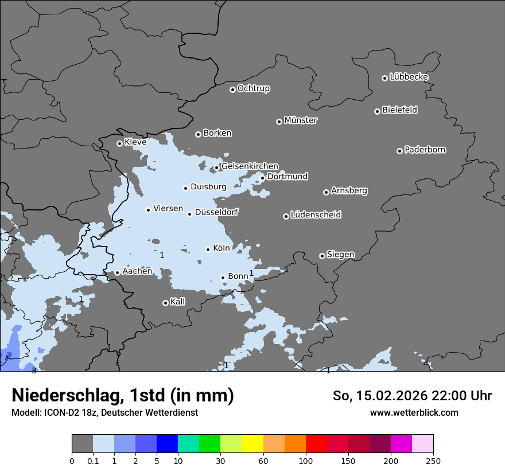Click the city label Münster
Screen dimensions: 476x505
point(301,120)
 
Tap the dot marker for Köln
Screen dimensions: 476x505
point(208,249)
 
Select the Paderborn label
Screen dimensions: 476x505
point(425,150)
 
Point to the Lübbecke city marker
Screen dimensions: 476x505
point(384,78)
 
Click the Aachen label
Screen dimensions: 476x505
point(137,271)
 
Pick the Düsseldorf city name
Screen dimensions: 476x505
point(216,212)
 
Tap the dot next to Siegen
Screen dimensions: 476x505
point(322,256)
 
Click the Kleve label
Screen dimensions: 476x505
point(135,142)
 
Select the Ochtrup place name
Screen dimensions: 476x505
point(254,88)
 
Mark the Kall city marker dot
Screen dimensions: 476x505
point(165,303)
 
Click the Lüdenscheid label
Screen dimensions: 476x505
point(316,215)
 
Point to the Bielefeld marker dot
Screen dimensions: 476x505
point(377,111)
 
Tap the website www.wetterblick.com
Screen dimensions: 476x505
point(414,412)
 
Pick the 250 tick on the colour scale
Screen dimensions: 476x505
point(433,460)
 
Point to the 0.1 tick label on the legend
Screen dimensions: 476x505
point(93,460)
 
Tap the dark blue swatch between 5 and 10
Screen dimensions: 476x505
point(167,444)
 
